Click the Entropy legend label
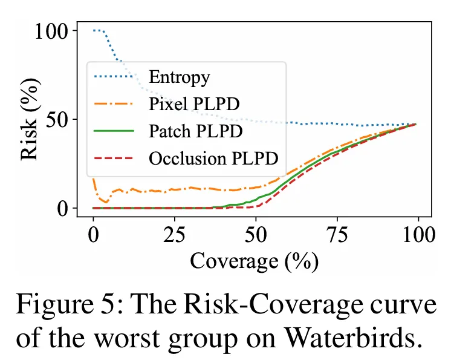180,77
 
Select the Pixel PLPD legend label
194,103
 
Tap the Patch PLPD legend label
196,131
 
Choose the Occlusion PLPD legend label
213,159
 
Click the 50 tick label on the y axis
57,119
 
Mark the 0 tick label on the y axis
63,208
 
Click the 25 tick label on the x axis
174,235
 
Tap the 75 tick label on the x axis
337,235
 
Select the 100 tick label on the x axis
418,235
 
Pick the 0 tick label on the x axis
93,235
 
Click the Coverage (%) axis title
255,261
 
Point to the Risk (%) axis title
30,119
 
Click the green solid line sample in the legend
114,131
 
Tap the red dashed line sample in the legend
114,159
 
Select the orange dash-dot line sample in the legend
114,103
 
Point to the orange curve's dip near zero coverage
106,202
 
